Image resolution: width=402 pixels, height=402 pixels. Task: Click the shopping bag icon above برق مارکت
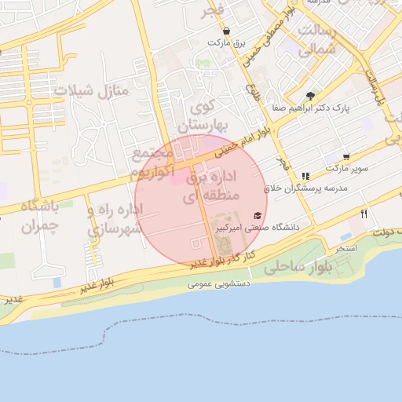(x=227, y=31)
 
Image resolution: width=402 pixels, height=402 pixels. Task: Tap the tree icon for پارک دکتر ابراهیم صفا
(x=312, y=95)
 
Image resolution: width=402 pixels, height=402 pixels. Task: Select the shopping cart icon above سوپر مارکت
(x=346, y=157)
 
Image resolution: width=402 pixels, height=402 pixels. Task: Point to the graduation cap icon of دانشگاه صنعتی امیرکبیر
(x=258, y=215)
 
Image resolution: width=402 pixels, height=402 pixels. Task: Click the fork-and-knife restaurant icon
(x=364, y=214)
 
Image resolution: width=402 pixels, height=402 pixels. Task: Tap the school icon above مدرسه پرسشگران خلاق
(x=305, y=176)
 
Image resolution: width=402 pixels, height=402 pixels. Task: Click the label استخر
(x=346, y=248)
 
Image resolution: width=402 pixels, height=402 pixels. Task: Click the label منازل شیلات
(x=90, y=90)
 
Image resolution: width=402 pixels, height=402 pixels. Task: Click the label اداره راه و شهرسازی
(x=115, y=220)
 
